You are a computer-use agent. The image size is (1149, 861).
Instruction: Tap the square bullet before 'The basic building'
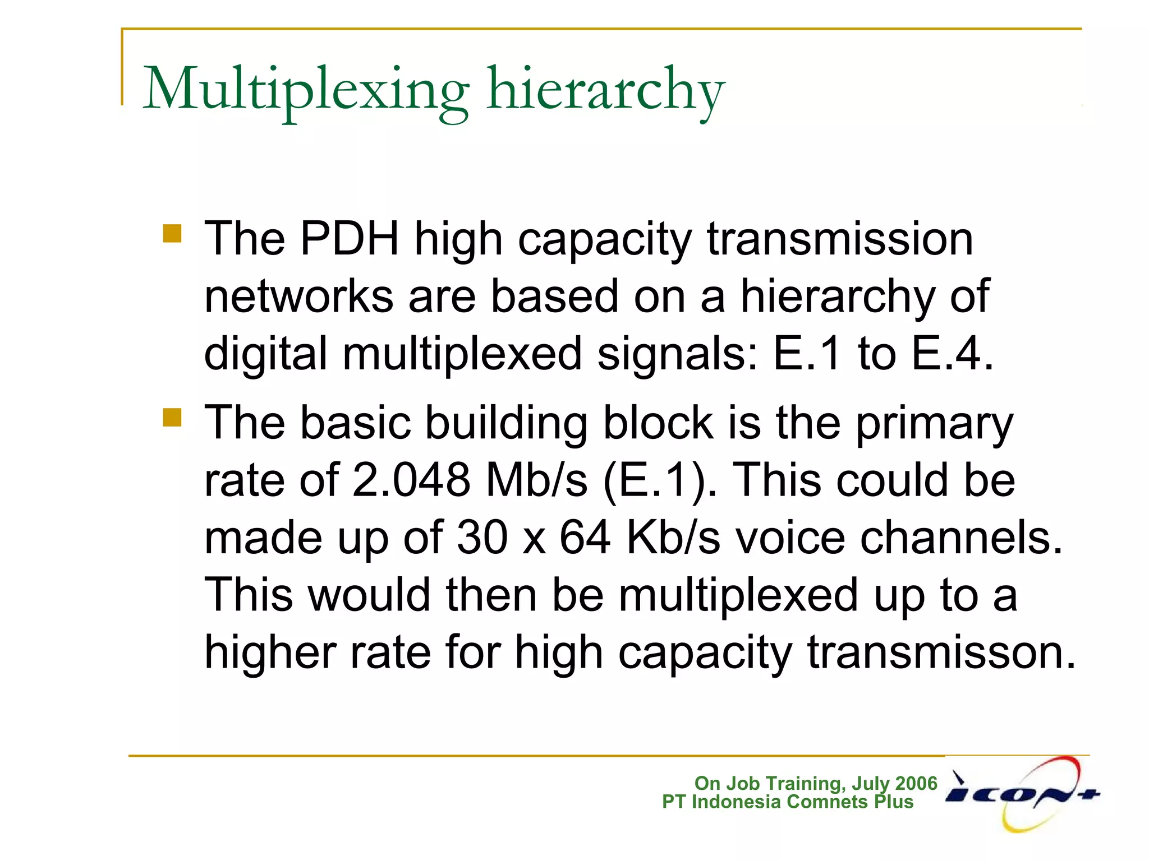(172, 417)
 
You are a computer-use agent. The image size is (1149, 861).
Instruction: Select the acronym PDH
(350, 239)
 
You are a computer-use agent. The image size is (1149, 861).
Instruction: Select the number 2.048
(411, 480)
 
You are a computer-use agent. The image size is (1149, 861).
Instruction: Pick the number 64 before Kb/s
(585, 537)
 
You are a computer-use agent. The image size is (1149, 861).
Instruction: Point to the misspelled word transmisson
(941, 652)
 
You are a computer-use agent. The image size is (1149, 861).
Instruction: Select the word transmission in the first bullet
(840, 239)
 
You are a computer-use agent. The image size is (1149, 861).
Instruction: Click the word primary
(934, 424)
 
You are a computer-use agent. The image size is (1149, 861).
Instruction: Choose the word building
(507, 423)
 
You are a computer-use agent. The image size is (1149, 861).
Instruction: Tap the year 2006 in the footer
(916, 783)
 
